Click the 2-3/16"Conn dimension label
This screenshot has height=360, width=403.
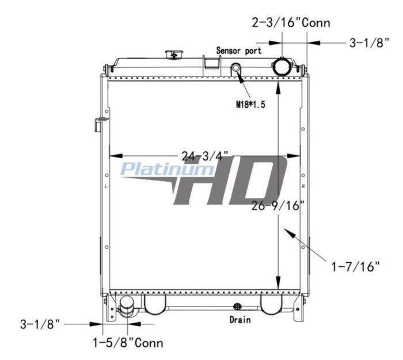click(x=291, y=22)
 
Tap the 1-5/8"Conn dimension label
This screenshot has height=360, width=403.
click(x=128, y=343)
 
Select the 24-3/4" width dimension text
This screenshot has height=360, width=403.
click(x=205, y=156)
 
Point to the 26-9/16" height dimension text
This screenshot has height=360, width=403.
click(x=278, y=205)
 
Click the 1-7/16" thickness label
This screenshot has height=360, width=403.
click(x=355, y=267)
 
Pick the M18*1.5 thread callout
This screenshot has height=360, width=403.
click(x=250, y=104)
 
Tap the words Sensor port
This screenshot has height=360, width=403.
click(x=239, y=51)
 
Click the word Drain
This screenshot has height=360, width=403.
click(x=240, y=320)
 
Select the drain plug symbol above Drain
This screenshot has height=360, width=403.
click(x=237, y=307)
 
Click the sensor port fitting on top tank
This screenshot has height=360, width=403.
click(x=235, y=68)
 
